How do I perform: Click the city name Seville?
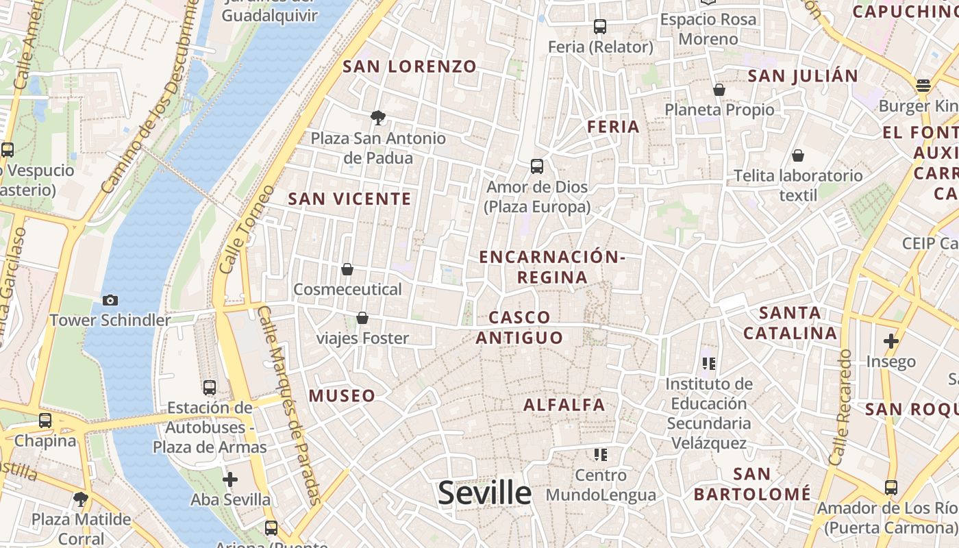tap(484, 493)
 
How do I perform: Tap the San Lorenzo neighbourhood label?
tap(409, 66)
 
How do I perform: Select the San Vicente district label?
tap(349, 199)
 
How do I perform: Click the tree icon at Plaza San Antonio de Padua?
tap(377, 117)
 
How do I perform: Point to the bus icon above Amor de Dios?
tap(537, 166)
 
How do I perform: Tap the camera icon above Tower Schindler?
tap(110, 300)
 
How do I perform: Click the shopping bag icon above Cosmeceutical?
tap(347, 269)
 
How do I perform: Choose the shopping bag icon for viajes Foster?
tap(362, 318)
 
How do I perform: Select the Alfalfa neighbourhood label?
tap(564, 405)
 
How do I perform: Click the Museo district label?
tap(342, 396)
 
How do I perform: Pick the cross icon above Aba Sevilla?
tap(230, 479)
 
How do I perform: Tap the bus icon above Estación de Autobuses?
tap(210, 388)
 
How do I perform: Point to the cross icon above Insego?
tap(891, 340)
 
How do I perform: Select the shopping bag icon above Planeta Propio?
tap(719, 89)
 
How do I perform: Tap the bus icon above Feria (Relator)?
tap(600, 27)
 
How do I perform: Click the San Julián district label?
tap(803, 76)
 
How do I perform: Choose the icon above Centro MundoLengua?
tap(601, 454)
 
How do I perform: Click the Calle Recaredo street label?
tap(840, 408)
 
